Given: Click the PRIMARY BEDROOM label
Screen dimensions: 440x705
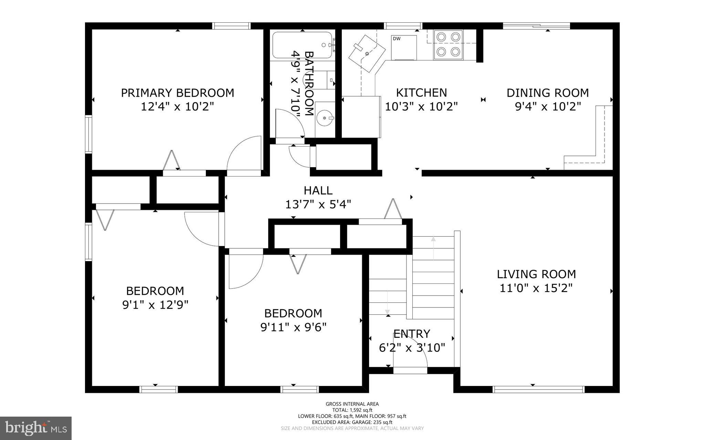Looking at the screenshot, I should tap(177, 93).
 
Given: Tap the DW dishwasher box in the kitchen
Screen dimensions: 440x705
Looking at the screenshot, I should tap(404, 47).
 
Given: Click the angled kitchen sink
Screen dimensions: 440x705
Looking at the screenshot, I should tap(367, 54).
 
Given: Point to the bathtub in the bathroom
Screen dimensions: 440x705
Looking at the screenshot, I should tap(302, 45).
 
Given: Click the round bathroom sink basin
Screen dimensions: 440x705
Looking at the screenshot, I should tap(325, 118).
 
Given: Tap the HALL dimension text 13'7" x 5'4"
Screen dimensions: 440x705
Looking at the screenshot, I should tap(318, 205).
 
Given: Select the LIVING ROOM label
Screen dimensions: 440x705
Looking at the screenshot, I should tap(536, 274).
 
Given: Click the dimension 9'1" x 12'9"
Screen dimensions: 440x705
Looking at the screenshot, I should tap(155, 305).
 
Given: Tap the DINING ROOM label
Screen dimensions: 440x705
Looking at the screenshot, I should tap(547, 93).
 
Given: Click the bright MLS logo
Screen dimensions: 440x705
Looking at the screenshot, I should tap(36, 428).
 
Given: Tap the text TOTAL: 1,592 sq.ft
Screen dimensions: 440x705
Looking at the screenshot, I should tap(352, 410).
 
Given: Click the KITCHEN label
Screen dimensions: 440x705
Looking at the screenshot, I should tap(421, 93).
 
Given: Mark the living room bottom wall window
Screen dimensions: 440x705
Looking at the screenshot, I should tap(538, 389).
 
